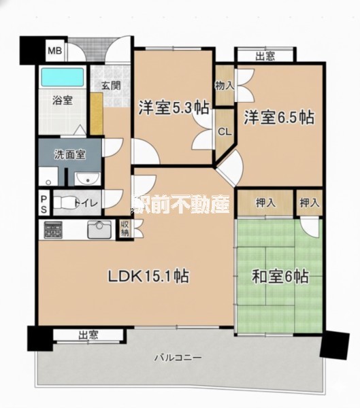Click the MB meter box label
click(x=54, y=50)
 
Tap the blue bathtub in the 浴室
click(x=63, y=77)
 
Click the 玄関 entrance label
click(x=111, y=85)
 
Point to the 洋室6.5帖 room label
click(x=279, y=118)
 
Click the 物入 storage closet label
click(x=225, y=86)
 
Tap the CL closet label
click(x=225, y=132)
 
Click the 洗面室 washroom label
click(x=70, y=154)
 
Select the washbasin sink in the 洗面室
click(x=87, y=178)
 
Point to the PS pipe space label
click(x=44, y=205)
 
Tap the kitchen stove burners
click(x=53, y=230)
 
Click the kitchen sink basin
click(x=99, y=230)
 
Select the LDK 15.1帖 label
click(x=148, y=276)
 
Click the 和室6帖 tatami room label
click(x=280, y=277)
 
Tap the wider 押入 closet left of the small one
click(x=265, y=203)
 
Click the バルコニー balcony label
click(x=178, y=357)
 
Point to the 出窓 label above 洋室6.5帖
click(x=265, y=56)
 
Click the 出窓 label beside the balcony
click(x=88, y=335)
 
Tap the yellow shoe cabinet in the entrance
click(x=97, y=114)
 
